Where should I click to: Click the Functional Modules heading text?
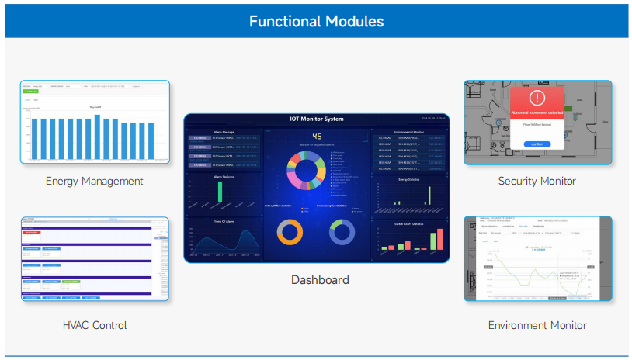pyautogui.click(x=316, y=21)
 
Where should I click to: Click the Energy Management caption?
pyautogui.click(x=94, y=181)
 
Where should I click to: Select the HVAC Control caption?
pyautogui.click(x=94, y=325)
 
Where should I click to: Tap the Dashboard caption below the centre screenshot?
pyautogui.click(x=319, y=279)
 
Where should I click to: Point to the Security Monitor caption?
pyautogui.click(x=537, y=181)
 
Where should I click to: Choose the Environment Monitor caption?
pyautogui.click(x=537, y=325)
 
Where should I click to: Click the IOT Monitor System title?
pyautogui.click(x=316, y=119)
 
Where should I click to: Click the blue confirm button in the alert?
pyautogui.click(x=537, y=144)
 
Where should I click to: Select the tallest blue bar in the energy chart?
pyautogui.click(x=97, y=137)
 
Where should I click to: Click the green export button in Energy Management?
pyautogui.click(x=31, y=92)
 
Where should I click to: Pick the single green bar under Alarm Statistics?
pyautogui.click(x=219, y=192)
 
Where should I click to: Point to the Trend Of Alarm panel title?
pyautogui.click(x=224, y=221)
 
